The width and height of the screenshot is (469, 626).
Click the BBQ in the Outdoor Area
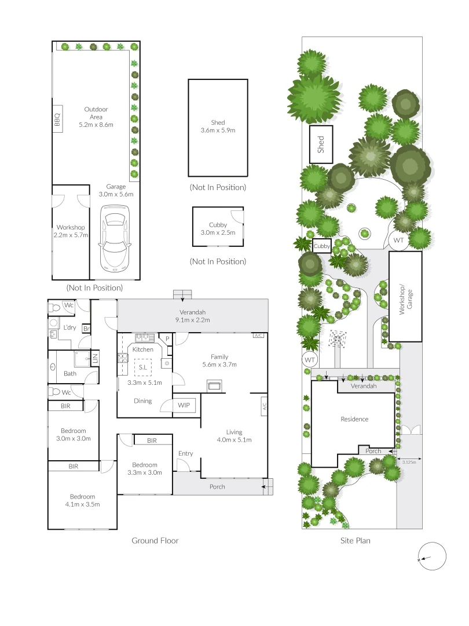point(58,120)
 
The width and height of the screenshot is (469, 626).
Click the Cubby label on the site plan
point(322,246)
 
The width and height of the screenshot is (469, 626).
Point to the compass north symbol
point(431,557)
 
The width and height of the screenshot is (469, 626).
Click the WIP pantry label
point(184,405)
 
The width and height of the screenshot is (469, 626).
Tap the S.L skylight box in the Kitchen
point(142,366)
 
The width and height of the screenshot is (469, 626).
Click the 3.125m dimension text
point(409,462)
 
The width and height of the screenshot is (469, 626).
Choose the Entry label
point(185,453)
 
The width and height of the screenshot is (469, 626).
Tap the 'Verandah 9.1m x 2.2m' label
point(193,316)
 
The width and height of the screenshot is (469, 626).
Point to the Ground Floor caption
point(155,541)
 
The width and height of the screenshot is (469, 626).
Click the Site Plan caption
point(355,541)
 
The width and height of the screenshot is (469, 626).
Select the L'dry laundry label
point(69,327)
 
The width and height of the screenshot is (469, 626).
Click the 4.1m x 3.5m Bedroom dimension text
point(82,504)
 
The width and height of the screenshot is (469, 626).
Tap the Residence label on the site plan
point(354,419)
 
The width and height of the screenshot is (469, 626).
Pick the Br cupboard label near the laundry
point(86,328)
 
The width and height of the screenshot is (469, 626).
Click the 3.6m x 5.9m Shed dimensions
point(218,130)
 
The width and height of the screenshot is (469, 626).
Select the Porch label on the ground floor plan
point(217,487)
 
